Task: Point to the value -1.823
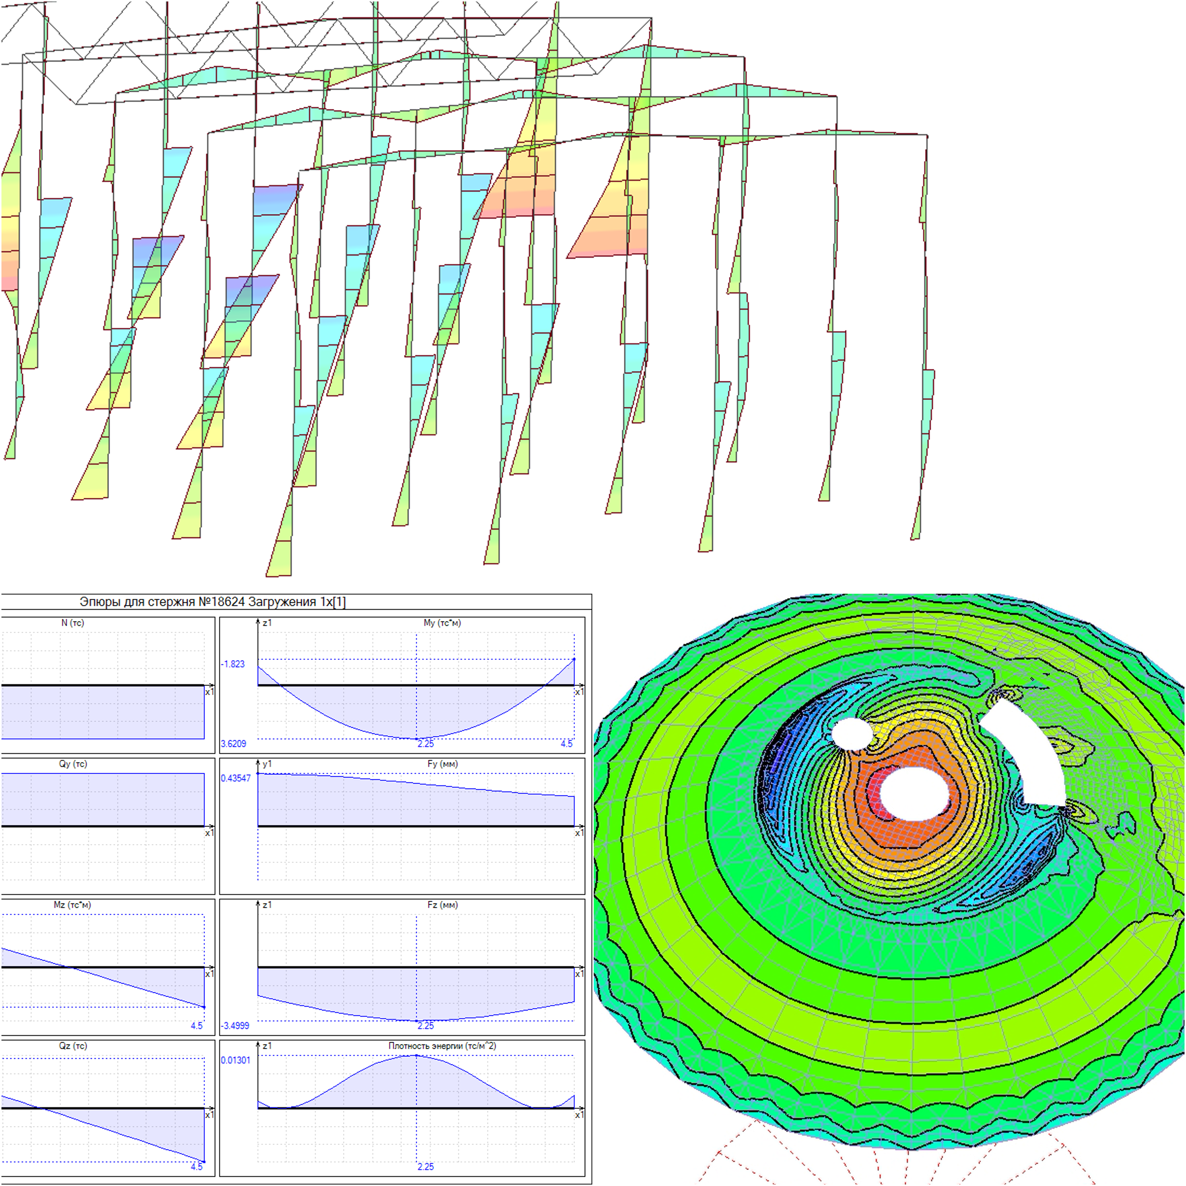[233, 664]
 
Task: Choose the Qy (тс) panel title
[72, 764]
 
